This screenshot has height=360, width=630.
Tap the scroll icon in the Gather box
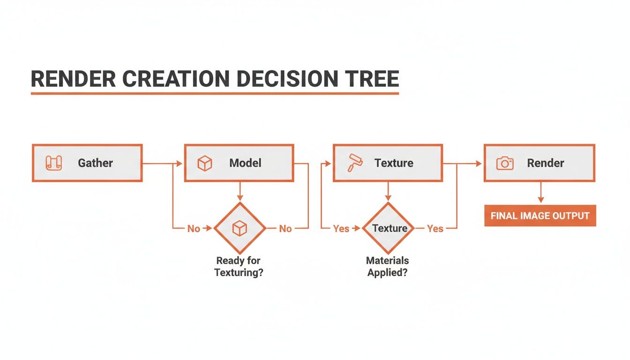click(x=53, y=163)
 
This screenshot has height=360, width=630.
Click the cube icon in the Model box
click(x=205, y=163)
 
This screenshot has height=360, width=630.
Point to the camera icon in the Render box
click(x=505, y=163)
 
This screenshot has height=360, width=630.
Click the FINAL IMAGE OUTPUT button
click(x=540, y=216)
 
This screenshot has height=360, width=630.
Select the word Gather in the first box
click(x=95, y=163)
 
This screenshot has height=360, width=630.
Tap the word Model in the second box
click(x=245, y=163)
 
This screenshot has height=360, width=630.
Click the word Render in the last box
click(x=546, y=163)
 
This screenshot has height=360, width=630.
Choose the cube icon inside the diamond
click(x=240, y=228)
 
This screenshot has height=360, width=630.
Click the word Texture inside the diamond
click(x=390, y=228)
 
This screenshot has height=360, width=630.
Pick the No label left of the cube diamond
click(x=194, y=229)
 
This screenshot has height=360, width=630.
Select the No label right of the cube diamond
click(x=285, y=229)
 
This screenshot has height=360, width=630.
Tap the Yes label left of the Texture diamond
click(x=341, y=229)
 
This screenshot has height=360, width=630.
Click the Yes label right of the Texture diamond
click(x=435, y=229)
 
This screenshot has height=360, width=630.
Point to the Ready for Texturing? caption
click(x=239, y=267)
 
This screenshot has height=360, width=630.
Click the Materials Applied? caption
click(x=388, y=267)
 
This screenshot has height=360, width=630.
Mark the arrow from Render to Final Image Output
click(x=540, y=193)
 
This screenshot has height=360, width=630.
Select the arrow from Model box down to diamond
click(x=240, y=192)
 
